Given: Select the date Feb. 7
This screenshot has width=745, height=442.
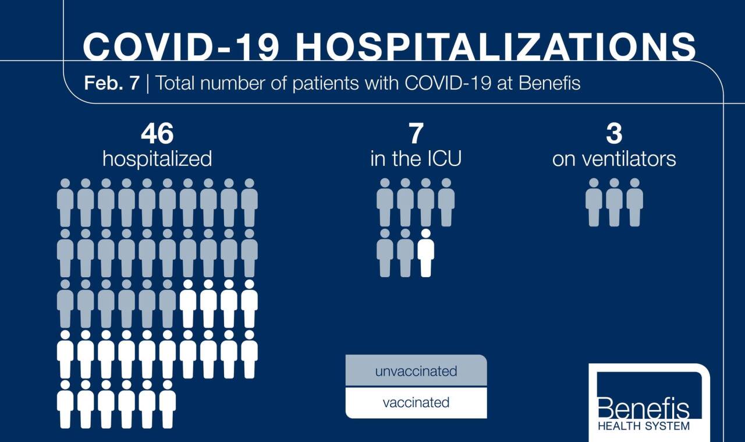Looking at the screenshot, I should click(x=112, y=83).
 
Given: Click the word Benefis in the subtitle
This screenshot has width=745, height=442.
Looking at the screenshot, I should click(x=549, y=83).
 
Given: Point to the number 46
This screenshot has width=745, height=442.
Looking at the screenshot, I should click(x=157, y=135).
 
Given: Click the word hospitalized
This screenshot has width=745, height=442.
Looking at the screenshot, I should click(x=157, y=159).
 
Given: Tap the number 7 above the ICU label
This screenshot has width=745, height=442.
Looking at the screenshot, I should click(x=416, y=135).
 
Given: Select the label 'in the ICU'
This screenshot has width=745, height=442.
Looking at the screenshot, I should click(x=416, y=159).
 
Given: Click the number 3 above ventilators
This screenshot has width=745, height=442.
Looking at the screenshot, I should click(x=614, y=135).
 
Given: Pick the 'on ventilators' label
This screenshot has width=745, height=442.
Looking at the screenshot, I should click(x=614, y=159).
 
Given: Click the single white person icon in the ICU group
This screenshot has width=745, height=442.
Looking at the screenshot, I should click(x=426, y=253).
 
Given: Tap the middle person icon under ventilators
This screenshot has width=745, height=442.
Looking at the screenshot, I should click(x=614, y=203).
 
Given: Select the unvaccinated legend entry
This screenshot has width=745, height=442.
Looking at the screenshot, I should click(x=416, y=371).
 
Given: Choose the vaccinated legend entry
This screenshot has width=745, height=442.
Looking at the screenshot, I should click(x=416, y=402).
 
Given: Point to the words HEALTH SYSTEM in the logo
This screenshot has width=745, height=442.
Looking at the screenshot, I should click(x=643, y=426).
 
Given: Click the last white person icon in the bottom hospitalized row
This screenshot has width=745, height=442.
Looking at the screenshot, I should click(x=168, y=404).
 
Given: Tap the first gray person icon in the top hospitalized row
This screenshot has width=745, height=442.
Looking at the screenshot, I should click(x=65, y=203).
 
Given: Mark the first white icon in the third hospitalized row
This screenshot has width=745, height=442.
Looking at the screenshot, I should click(x=188, y=303).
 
